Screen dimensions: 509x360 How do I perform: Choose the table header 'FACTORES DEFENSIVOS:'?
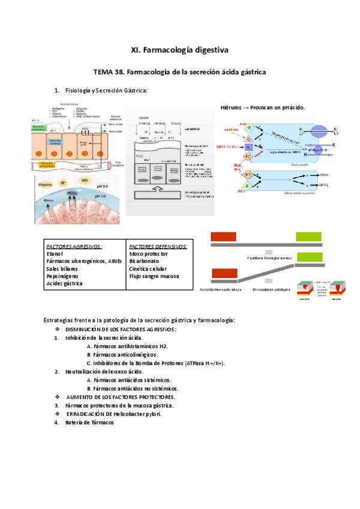(157, 247)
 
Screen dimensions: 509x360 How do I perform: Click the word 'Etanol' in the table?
(55, 254)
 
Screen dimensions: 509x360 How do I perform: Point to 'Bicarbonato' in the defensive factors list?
(143, 262)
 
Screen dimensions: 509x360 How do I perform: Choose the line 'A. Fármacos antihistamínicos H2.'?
(127, 346)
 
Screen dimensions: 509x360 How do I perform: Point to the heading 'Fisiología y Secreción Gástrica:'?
(106, 91)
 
